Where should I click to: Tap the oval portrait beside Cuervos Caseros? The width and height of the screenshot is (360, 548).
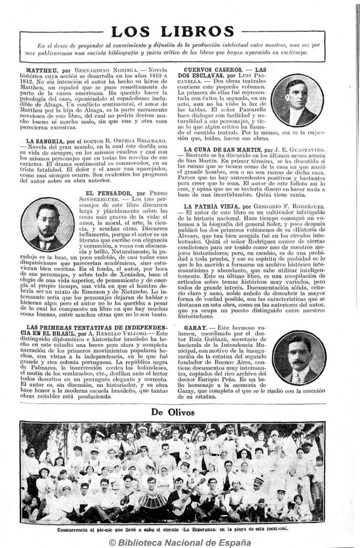click(297, 100)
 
